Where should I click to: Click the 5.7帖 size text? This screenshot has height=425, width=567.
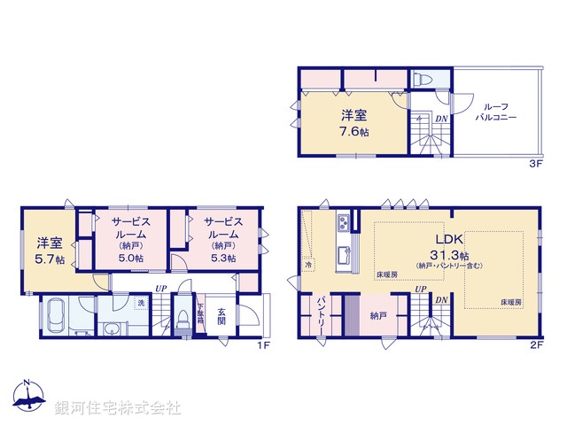point(48,259)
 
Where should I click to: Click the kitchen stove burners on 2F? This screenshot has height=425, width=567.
point(343,221)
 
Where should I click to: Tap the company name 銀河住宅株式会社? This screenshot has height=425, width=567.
point(118,408)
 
